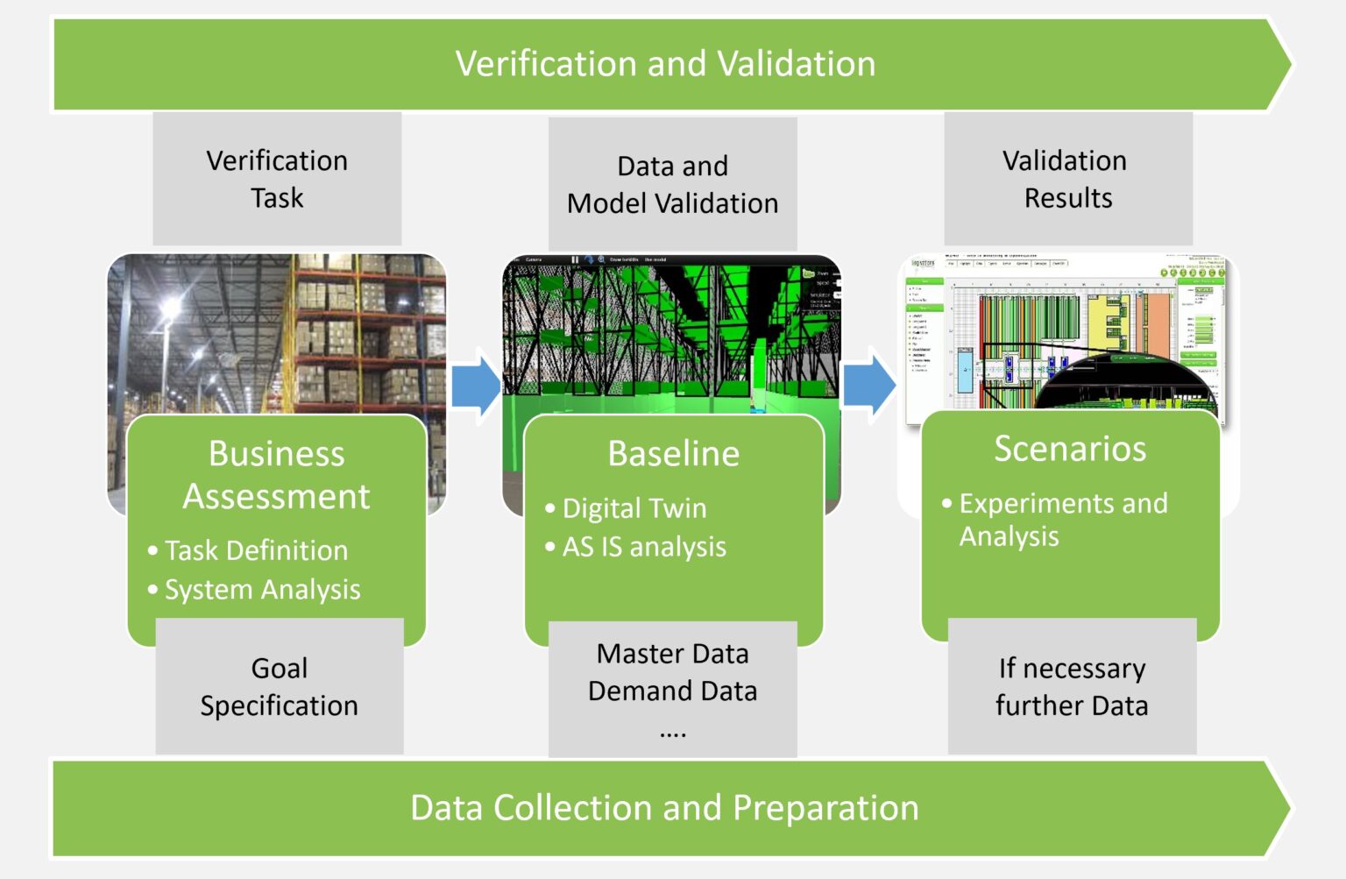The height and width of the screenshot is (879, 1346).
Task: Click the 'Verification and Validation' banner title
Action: pyautogui.click(x=665, y=64)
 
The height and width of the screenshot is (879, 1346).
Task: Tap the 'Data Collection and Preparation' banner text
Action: pyautogui.click(x=664, y=807)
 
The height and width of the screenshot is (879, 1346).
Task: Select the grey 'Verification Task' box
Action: pyautogui.click(x=277, y=179)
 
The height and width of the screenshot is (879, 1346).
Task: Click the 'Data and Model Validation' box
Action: pyautogui.click(x=672, y=184)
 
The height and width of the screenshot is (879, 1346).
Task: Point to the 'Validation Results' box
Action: pyautogui.click(x=1067, y=179)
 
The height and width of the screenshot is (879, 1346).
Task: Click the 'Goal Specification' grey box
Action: pyautogui.click(x=279, y=686)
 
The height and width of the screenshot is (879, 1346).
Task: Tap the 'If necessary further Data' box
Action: pyautogui.click(x=1071, y=686)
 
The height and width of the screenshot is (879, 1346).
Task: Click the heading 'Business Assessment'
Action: pyautogui.click(x=276, y=474)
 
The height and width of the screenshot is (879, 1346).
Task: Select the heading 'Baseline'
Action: pyautogui.click(x=673, y=453)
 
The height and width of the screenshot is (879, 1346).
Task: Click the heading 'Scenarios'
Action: pyautogui.click(x=1069, y=448)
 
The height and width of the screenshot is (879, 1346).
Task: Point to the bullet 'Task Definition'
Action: pyautogui.click(x=256, y=550)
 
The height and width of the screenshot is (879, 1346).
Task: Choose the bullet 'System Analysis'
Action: pyautogui.click(x=262, y=589)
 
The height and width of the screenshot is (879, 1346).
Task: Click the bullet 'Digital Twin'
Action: pyautogui.click(x=634, y=507)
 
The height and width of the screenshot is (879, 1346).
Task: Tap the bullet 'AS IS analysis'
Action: pyautogui.click(x=643, y=546)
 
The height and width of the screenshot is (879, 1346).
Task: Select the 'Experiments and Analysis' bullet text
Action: pyautogui.click(x=1062, y=519)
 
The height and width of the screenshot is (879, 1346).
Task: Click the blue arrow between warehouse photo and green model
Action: pyautogui.click(x=476, y=386)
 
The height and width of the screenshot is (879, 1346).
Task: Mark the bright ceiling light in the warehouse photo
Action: pyautogui.click(x=168, y=309)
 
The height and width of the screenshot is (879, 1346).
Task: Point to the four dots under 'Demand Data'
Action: pyautogui.click(x=672, y=734)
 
